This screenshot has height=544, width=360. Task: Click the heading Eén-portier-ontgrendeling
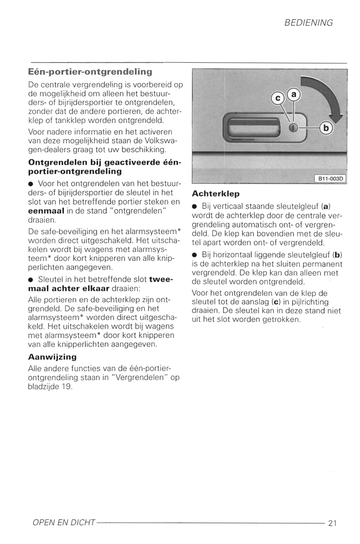pos(90,72)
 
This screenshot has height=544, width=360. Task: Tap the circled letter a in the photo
pos(294,95)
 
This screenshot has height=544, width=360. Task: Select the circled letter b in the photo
pos(326,128)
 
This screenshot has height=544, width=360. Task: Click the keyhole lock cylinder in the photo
pos(294,128)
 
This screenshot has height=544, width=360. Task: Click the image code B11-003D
pos(330,179)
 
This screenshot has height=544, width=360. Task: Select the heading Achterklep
pos(216,194)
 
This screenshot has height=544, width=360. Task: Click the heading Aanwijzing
pos(52,357)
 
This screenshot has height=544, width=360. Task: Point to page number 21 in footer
pos(332,523)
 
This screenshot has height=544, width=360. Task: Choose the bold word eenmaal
pos(46,211)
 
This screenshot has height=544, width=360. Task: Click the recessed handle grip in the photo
pos(252,128)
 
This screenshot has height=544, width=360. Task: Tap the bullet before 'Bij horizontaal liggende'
pos(195,255)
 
